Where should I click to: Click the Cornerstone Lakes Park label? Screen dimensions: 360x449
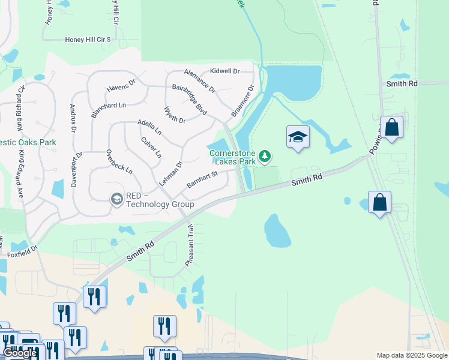232,157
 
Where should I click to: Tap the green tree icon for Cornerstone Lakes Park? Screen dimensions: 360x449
265,157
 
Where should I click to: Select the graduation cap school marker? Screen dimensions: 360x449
298,137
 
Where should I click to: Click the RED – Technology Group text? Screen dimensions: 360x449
160,200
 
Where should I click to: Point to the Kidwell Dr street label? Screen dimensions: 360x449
224,71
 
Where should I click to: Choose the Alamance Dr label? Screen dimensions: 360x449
199,80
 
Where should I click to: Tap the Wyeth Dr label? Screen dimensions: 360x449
175,115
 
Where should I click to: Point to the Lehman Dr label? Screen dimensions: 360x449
170,173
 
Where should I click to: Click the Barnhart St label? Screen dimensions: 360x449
201,179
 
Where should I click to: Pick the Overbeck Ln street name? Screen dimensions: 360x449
119,161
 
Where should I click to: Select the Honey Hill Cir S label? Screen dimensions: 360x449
88,40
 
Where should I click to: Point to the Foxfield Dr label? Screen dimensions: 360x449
22,251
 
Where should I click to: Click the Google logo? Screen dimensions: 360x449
20,353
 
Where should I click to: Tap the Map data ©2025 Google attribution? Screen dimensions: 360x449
411,355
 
